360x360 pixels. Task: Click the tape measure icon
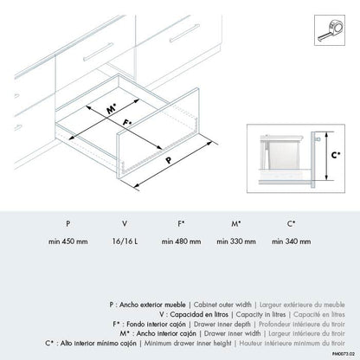pyautogui.click(x=330, y=30)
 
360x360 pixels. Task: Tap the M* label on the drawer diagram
pyautogui.click(x=112, y=109)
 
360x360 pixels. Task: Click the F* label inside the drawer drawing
pyautogui.click(x=126, y=122)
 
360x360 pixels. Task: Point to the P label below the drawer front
pyautogui.click(x=169, y=160)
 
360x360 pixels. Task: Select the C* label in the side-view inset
pyautogui.click(x=336, y=155)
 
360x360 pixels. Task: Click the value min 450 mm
pyautogui.click(x=68, y=241)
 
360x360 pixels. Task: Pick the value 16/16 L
pyautogui.click(x=125, y=241)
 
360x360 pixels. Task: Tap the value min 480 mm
pyautogui.click(x=181, y=241)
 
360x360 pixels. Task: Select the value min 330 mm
pyautogui.click(x=236, y=241)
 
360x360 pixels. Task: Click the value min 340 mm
pyautogui.click(x=292, y=241)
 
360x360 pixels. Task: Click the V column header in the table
pyautogui.click(x=125, y=223)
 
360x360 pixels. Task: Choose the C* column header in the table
pyautogui.click(x=291, y=223)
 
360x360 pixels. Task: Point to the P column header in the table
pyautogui.click(x=68, y=223)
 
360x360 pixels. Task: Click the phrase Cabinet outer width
pyautogui.click(x=222, y=305)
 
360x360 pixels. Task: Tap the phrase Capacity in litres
pyautogui.click(x=260, y=314)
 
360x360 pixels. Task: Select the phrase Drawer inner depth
pyautogui.click(x=222, y=325)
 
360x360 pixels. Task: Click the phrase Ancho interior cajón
pyautogui.click(x=166, y=334)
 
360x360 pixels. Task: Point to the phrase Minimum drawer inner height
pyautogui.click(x=188, y=344)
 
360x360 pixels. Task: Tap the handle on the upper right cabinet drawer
pyautogui.click(x=184, y=33)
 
